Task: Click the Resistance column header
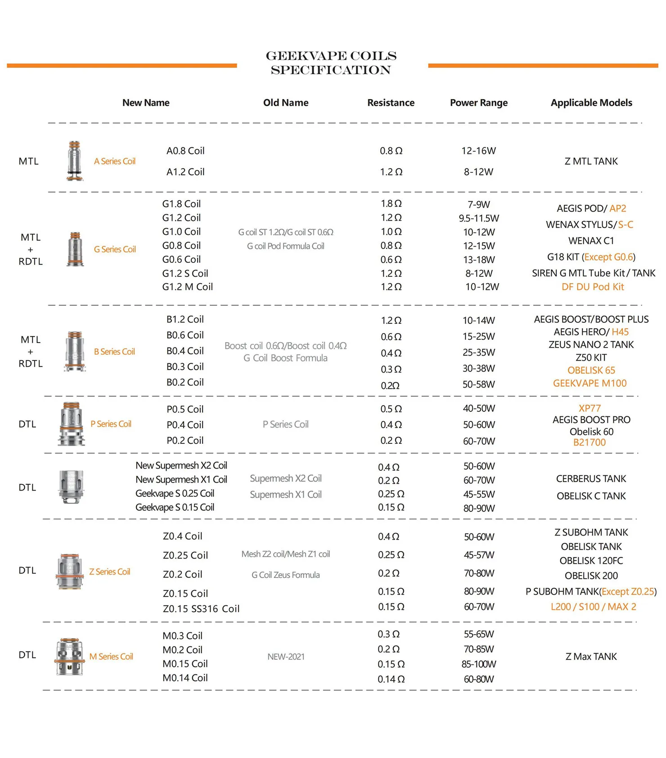pos(391,103)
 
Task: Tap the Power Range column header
pos(478,103)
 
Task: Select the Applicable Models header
pos(591,103)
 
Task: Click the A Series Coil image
pos(75,161)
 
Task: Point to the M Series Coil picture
pos(70,656)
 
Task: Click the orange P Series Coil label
pos(111,424)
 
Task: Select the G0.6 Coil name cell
pos(181,259)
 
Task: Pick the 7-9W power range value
pos(478,204)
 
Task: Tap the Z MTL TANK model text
pos(591,161)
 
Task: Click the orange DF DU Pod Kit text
pos(593,287)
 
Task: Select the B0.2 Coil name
pos(185,382)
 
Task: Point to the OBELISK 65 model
pos(591,370)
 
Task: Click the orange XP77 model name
pos(589,408)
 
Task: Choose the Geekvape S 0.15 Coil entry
pos(175,507)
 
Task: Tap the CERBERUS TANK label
pos(591,478)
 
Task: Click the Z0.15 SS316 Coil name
pos(201,609)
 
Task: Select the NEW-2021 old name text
pos(286,657)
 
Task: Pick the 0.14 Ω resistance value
pos(391,679)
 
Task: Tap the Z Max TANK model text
pos(591,656)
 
